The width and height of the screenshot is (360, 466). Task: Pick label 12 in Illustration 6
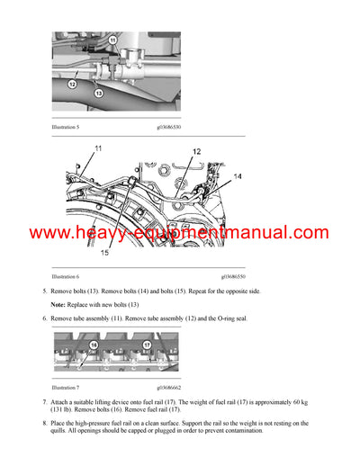[196, 152]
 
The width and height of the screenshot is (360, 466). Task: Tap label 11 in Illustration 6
[97, 148]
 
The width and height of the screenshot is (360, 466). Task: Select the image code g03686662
[163, 388]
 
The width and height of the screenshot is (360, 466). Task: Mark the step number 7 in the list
[45, 399]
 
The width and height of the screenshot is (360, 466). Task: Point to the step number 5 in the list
[45, 291]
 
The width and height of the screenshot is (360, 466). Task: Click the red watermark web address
[179, 233]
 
